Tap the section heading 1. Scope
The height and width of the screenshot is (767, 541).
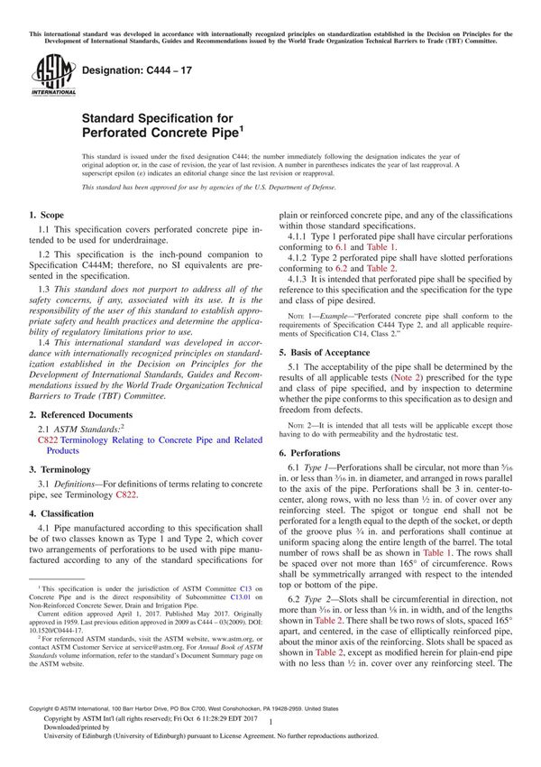pyautogui.click(x=46, y=216)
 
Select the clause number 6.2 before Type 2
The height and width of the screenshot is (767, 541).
pyautogui.click(x=297, y=599)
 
